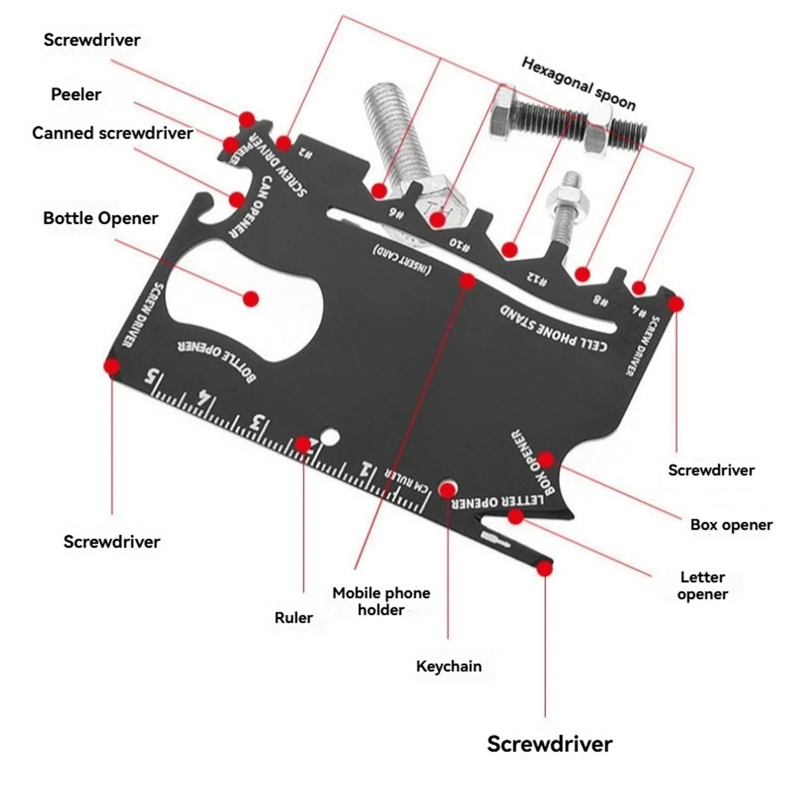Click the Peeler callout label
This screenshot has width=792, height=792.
[x=76, y=94]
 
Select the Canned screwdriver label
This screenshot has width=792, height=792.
[x=113, y=133]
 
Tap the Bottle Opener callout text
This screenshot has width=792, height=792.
[x=101, y=218]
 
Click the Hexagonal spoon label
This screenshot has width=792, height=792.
[x=579, y=84]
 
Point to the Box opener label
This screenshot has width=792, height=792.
[x=731, y=524]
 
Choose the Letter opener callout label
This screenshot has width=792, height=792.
[x=703, y=586]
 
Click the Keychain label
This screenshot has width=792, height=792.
[x=449, y=666]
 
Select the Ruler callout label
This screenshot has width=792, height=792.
[x=294, y=617]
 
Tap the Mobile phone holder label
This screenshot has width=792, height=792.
[x=381, y=601]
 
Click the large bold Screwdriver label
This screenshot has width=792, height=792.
[x=549, y=743]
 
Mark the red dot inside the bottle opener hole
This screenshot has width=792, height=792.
[x=251, y=298]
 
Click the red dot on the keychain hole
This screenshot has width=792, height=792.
[x=448, y=490]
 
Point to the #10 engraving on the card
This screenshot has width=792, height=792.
[x=459, y=245]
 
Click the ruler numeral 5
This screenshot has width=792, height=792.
[x=150, y=377]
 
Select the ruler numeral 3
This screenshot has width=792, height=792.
[x=258, y=423]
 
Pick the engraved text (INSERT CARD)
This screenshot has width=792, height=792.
[x=402, y=260]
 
